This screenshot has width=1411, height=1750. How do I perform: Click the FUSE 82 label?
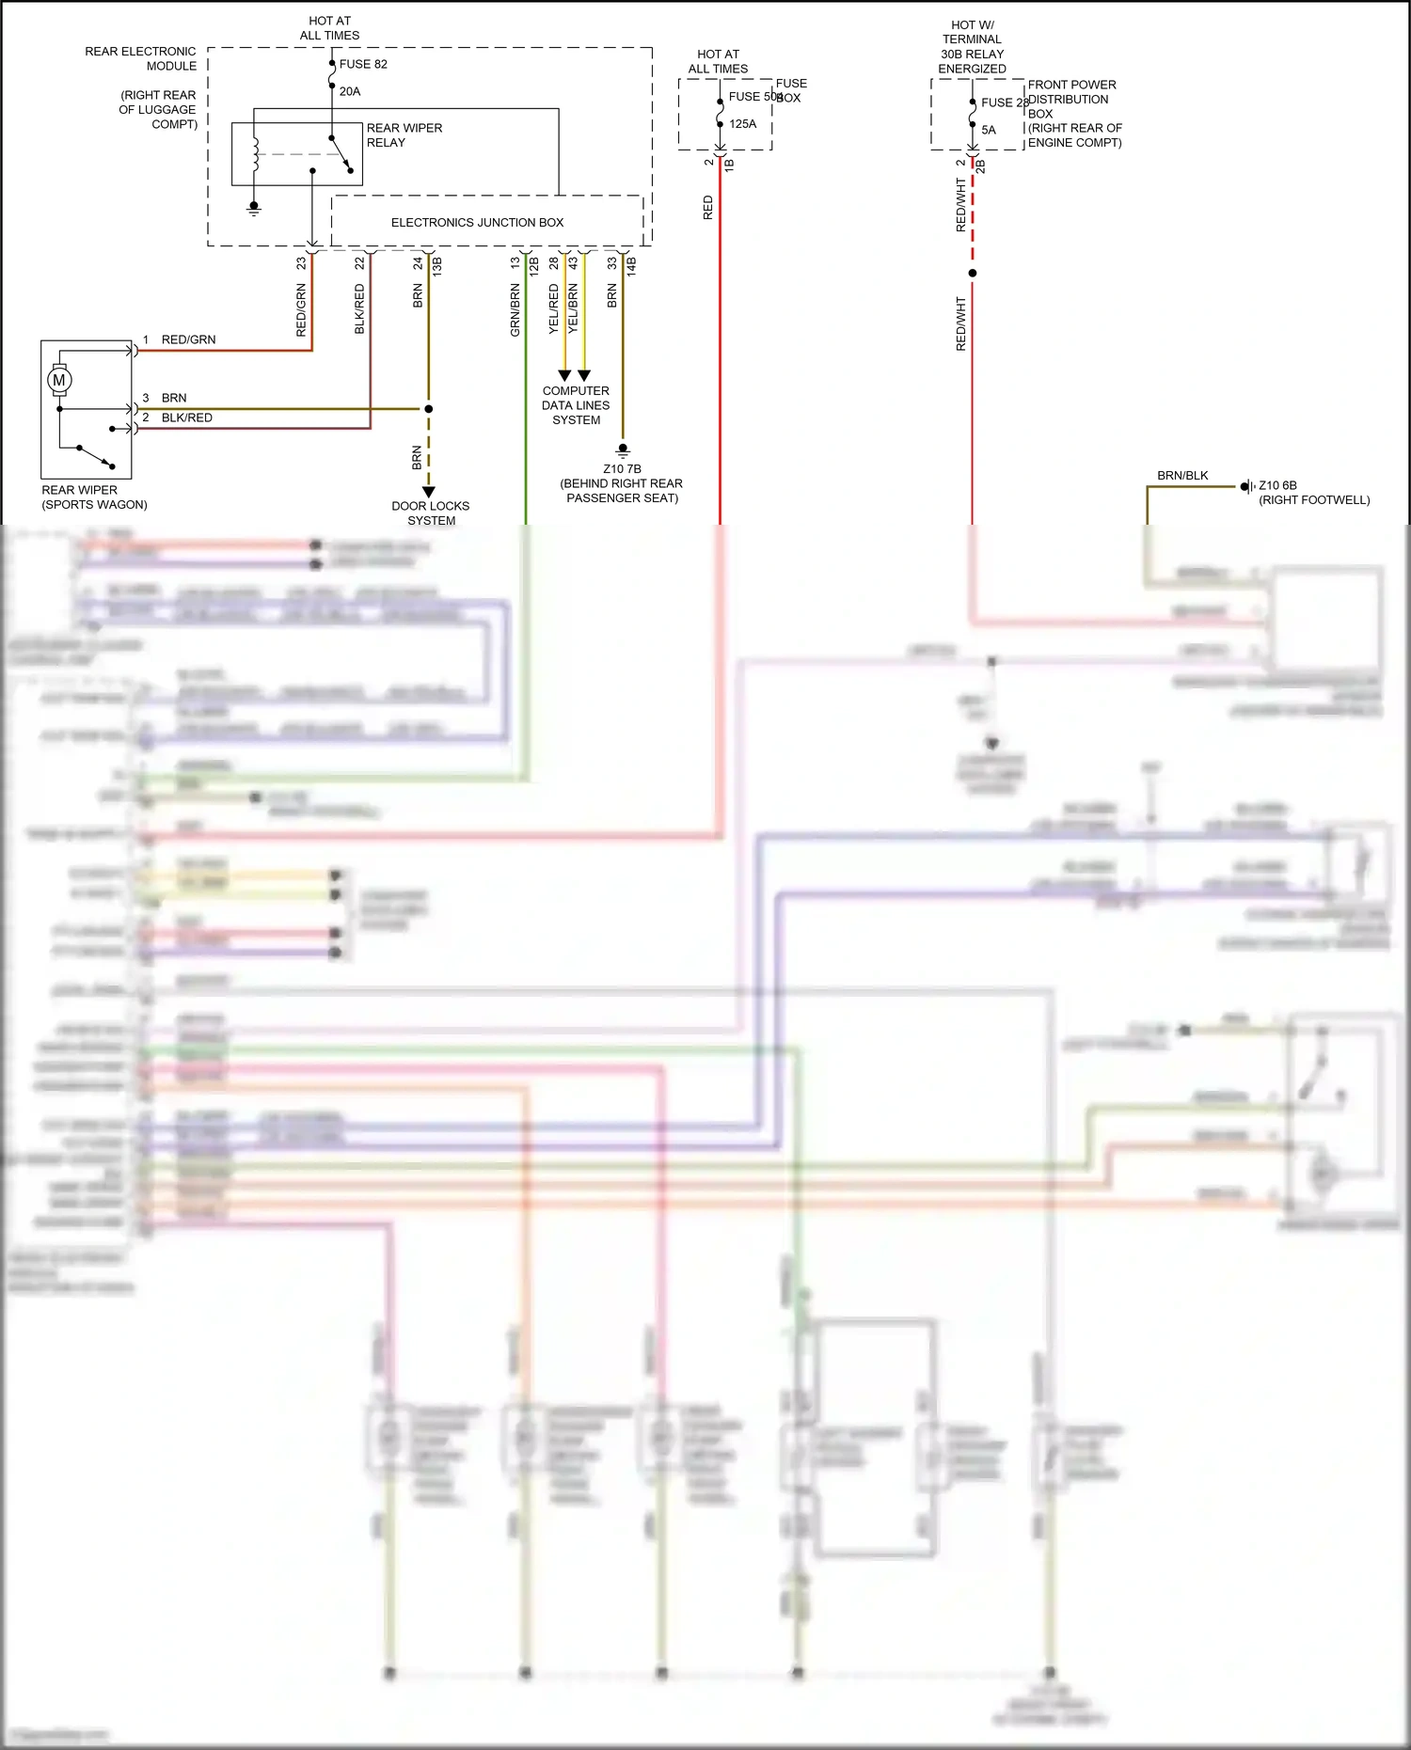(362, 64)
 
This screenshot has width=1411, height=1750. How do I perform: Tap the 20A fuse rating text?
(350, 91)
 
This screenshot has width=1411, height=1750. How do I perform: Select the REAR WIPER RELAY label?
(404, 134)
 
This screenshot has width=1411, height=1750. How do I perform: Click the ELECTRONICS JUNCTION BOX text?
(477, 223)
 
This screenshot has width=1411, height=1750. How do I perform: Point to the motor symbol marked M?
(59, 380)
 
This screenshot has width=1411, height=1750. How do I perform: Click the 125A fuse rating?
(742, 123)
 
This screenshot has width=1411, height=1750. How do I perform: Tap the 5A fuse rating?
(989, 130)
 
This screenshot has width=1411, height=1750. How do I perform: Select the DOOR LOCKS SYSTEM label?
(431, 512)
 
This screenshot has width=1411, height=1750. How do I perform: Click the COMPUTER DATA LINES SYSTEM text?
(576, 405)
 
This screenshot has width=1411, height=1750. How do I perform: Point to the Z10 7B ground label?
(622, 468)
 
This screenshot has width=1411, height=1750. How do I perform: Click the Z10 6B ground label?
(1277, 485)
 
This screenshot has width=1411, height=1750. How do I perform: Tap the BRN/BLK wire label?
(1182, 475)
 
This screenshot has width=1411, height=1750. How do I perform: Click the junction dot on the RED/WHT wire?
(973, 273)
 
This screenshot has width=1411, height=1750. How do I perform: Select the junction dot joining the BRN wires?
(429, 409)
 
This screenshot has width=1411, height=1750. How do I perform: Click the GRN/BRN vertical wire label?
(515, 309)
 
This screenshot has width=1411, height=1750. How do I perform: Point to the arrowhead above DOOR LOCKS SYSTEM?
(429, 492)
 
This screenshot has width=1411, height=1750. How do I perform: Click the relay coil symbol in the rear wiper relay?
(255, 154)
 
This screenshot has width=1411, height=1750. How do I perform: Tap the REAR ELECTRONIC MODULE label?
(141, 58)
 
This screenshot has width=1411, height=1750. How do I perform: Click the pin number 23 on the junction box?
(301, 263)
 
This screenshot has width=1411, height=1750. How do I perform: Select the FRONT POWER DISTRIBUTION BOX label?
(1071, 99)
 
